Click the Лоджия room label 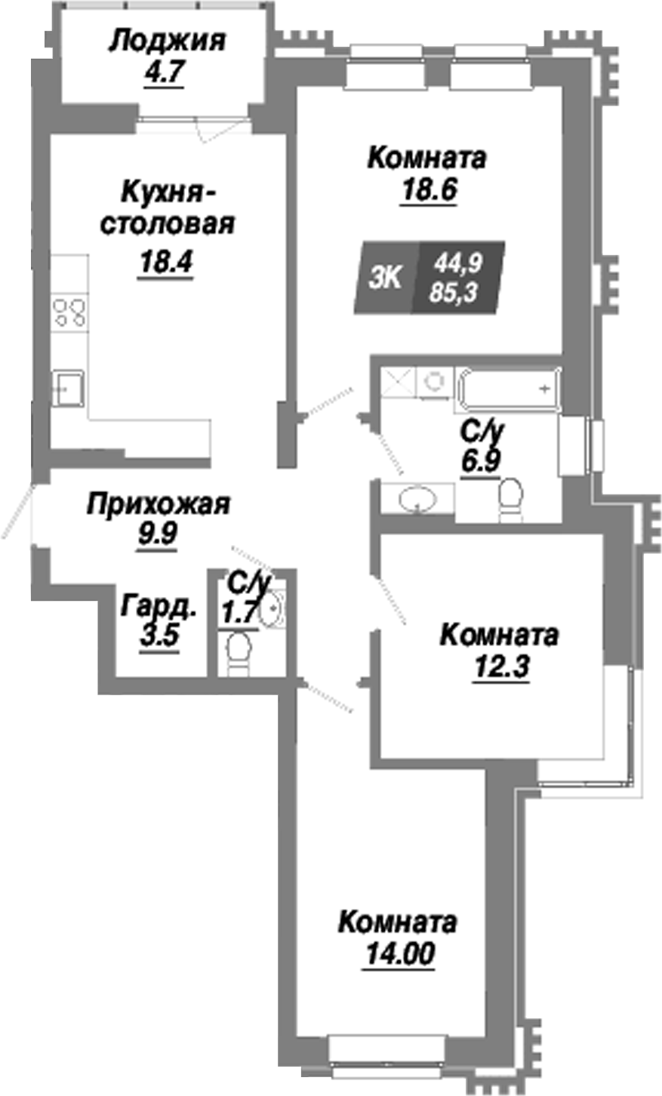[x=166, y=41]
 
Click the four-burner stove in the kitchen [x=69, y=313]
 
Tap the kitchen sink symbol [x=68, y=389]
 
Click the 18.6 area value [x=428, y=189]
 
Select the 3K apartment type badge [x=386, y=278]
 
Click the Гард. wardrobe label [x=160, y=606]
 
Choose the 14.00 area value [x=398, y=955]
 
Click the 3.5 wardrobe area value [x=159, y=636]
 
